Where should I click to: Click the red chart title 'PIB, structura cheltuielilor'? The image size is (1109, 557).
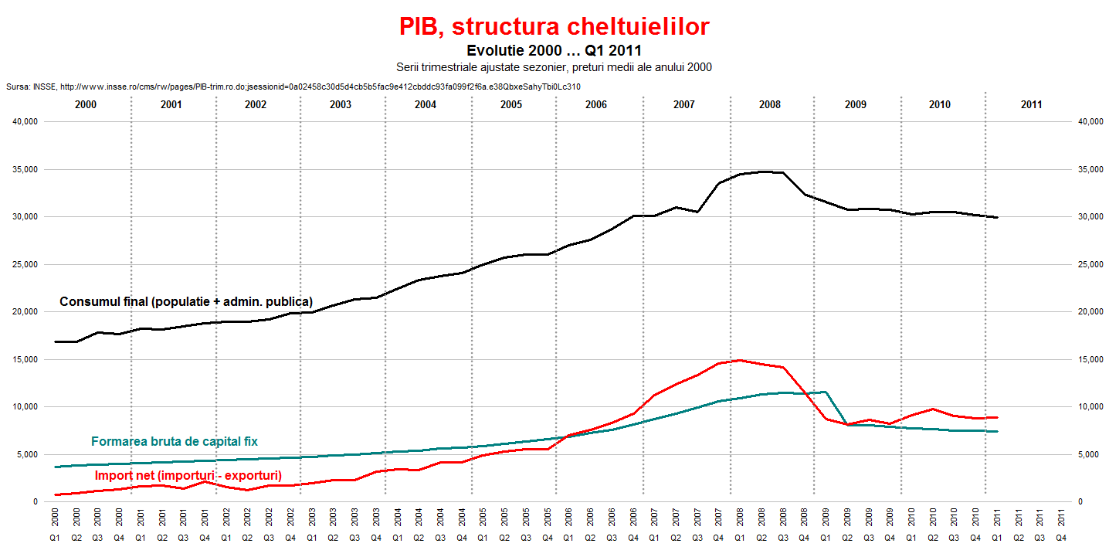tap(554, 26)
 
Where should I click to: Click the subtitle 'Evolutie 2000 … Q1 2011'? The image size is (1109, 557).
tap(554, 51)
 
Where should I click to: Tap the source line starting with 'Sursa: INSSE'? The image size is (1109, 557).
tap(293, 87)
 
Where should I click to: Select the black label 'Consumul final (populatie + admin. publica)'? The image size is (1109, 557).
tap(186, 301)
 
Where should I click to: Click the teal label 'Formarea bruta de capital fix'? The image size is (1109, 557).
tap(175, 442)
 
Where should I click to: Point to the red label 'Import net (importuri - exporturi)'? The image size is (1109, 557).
tap(188, 475)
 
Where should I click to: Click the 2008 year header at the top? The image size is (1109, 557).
tap(769, 104)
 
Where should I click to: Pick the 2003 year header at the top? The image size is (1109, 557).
tap(341, 104)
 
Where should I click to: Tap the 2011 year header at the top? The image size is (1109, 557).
tap(1030, 104)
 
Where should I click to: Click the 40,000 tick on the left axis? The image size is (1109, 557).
tap(25, 122)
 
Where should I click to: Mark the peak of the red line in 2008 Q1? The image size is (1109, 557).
tap(740, 360)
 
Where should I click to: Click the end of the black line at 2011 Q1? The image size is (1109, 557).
tap(998, 218)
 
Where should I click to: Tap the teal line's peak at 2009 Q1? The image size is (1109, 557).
tap(826, 392)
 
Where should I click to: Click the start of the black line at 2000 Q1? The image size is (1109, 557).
tap(55, 341)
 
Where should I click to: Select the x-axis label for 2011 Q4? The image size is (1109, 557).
tap(1061, 526)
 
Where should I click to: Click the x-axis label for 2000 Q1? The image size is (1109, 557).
tap(55, 526)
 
